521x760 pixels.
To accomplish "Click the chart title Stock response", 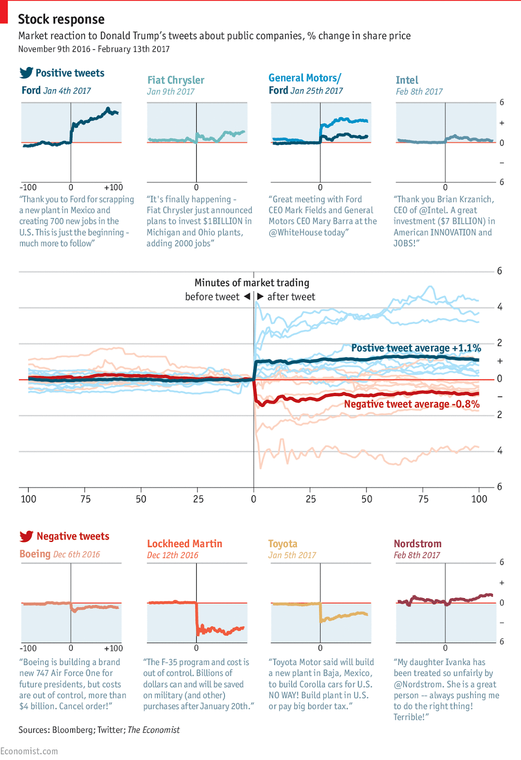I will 61,19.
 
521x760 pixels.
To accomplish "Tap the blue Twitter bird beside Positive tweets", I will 26,73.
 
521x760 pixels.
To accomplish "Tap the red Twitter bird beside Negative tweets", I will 26,536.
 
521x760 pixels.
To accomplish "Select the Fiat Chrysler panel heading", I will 176,80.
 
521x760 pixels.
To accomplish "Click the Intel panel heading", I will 407,80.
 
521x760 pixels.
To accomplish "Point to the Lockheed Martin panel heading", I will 184,544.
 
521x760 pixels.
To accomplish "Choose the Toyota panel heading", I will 283,544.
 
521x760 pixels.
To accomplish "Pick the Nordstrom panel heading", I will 417,544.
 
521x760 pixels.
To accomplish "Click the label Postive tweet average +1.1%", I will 416,348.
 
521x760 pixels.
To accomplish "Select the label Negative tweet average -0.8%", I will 412,404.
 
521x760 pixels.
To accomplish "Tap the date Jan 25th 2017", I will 317,91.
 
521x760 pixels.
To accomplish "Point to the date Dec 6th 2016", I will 76,554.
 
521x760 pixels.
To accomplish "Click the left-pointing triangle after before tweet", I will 247,296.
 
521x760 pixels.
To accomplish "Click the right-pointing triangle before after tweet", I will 260,296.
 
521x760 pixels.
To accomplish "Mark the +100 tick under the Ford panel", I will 114,187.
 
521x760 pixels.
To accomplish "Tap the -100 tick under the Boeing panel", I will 28,648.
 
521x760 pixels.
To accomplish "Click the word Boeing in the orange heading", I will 35,554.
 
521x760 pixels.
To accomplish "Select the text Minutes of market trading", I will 252,283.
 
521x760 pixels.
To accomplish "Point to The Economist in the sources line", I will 154,730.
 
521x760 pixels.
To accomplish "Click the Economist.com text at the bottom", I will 29,751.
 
